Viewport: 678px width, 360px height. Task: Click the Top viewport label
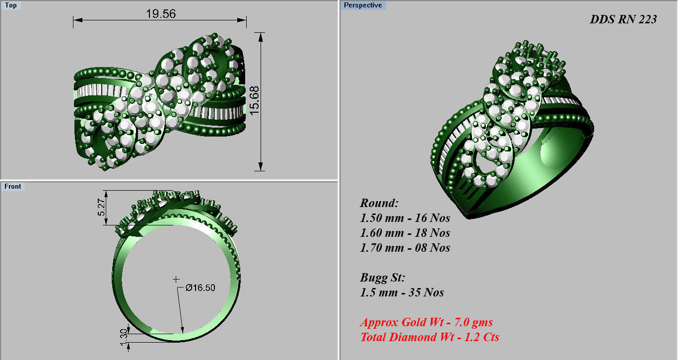coord(10,5)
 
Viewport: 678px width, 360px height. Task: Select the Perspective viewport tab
coord(363,5)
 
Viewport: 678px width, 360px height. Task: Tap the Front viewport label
coord(13,186)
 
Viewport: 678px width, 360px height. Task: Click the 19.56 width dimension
coord(161,13)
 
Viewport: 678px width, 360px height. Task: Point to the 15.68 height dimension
coord(254,101)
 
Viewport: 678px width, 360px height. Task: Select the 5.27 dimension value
coord(102,207)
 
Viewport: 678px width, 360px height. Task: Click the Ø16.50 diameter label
coord(201,288)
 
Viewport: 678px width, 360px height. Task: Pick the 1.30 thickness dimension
coord(124,336)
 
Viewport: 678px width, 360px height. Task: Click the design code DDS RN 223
coord(623,19)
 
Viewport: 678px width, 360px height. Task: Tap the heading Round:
coord(379,203)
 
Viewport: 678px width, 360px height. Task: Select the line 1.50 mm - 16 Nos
coord(405,218)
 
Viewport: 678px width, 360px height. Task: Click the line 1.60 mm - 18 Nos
coord(405,233)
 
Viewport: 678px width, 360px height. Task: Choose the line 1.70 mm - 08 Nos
coord(405,248)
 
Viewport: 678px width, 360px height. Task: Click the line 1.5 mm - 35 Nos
coord(402,292)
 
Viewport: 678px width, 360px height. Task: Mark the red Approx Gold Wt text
coord(426,322)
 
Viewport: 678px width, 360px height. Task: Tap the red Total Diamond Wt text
coord(429,337)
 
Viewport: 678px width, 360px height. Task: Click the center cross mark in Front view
coord(176,280)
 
